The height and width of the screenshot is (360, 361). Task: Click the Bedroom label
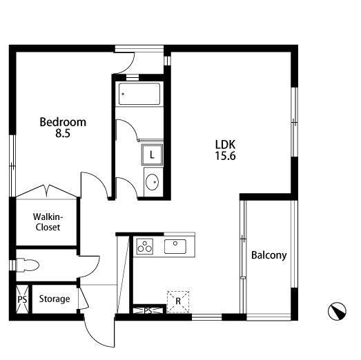click(x=63, y=122)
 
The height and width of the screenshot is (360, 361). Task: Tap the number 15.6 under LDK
click(x=225, y=156)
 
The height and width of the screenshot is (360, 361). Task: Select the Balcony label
click(x=269, y=255)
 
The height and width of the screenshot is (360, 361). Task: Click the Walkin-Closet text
click(x=48, y=222)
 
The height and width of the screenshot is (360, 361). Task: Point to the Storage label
click(x=55, y=299)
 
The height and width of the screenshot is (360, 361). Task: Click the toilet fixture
click(x=27, y=266)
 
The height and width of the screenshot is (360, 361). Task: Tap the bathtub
click(x=139, y=94)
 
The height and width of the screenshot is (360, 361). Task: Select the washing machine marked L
click(x=152, y=154)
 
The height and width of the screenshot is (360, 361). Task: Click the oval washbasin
click(x=152, y=182)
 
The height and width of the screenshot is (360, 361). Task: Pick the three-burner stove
click(x=145, y=246)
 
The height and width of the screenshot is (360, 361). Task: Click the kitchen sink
click(x=175, y=246)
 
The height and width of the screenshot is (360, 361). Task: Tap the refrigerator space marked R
click(x=178, y=301)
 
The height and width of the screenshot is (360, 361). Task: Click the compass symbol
click(x=337, y=311)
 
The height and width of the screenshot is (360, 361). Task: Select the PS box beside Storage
click(x=22, y=299)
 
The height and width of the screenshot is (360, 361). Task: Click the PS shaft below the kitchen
click(x=148, y=311)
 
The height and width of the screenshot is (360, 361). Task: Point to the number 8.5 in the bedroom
click(x=63, y=133)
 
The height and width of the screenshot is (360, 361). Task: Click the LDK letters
click(x=225, y=145)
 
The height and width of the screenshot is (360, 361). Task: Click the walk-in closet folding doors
click(x=47, y=191)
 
